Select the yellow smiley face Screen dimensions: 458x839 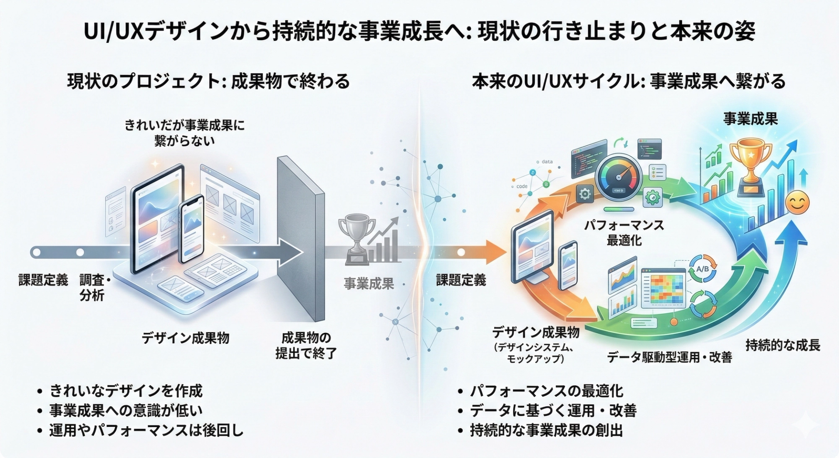[x=797, y=203]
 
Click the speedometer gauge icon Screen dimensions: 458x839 [x=618, y=177]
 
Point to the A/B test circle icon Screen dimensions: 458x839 [x=702, y=269]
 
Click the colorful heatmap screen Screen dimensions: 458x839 [x=663, y=288]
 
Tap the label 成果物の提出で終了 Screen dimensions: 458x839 [x=306, y=345]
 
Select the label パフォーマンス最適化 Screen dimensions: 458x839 [x=624, y=233]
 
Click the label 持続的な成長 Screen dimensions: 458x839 [x=783, y=345]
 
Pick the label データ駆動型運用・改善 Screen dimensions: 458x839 [x=669, y=357]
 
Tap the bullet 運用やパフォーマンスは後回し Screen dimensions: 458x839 [x=146, y=430]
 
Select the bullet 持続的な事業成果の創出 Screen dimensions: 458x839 [x=546, y=430]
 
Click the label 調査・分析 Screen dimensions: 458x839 [x=93, y=287]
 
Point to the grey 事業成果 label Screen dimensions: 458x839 [x=369, y=284]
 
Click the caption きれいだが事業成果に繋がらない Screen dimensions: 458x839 [x=184, y=133]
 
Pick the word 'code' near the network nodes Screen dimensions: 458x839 [x=522, y=186]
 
